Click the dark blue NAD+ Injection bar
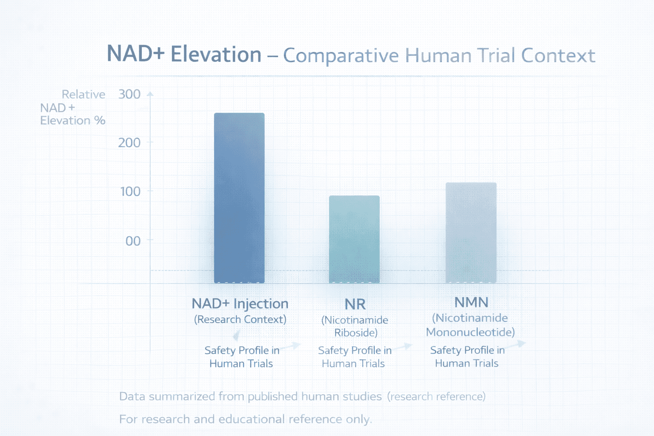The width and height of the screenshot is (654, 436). [x=239, y=198]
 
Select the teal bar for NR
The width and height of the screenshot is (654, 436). [x=354, y=239]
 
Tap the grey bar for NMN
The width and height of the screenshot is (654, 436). [x=471, y=232]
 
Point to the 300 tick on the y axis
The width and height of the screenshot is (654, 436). [x=129, y=94]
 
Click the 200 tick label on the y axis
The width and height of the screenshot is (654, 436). [x=129, y=143]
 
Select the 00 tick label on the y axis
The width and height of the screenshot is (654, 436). [x=133, y=241]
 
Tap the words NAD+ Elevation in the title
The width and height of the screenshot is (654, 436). [x=184, y=54]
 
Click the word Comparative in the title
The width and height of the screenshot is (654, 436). [x=341, y=55]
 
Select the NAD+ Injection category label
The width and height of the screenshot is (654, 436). [x=240, y=304]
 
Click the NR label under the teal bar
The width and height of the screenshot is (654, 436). [x=355, y=304]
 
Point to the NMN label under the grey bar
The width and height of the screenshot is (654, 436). [x=471, y=302]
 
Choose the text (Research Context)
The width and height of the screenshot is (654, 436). [x=240, y=319]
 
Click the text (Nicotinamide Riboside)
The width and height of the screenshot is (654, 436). [x=355, y=326]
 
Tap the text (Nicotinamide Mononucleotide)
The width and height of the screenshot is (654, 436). [x=470, y=325]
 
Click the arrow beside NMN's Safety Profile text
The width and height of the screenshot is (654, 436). [x=516, y=344]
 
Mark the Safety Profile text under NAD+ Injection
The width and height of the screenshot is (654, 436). [x=241, y=357]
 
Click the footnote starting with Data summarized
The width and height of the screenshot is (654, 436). [x=302, y=396]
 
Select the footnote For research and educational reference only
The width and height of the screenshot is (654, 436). [x=245, y=419]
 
